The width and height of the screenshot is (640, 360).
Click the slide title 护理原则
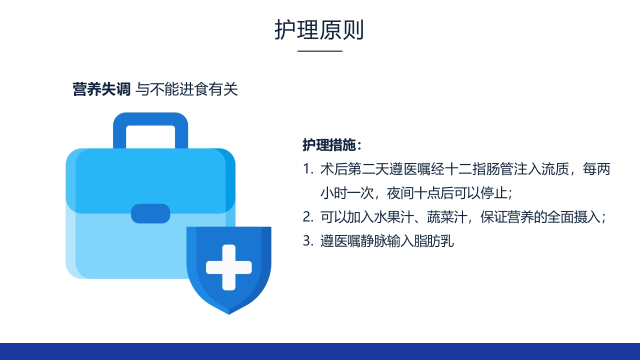[319, 30]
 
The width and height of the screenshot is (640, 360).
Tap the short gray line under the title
[320, 51]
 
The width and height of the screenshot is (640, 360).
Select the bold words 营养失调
[101, 89]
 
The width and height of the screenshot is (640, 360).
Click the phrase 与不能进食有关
[187, 89]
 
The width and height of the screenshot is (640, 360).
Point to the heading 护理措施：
[331, 145]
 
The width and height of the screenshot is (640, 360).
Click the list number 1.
[307, 169]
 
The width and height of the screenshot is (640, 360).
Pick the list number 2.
[307, 217]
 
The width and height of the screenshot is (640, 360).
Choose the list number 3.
[307, 241]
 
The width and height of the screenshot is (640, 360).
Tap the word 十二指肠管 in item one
[466, 169]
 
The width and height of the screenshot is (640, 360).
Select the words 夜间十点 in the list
[405, 193]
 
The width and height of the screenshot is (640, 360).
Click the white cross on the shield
[228, 267]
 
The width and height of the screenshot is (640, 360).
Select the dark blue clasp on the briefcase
[150, 213]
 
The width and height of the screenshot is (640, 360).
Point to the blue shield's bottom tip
[228, 313]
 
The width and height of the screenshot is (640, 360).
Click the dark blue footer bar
[320, 351]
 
